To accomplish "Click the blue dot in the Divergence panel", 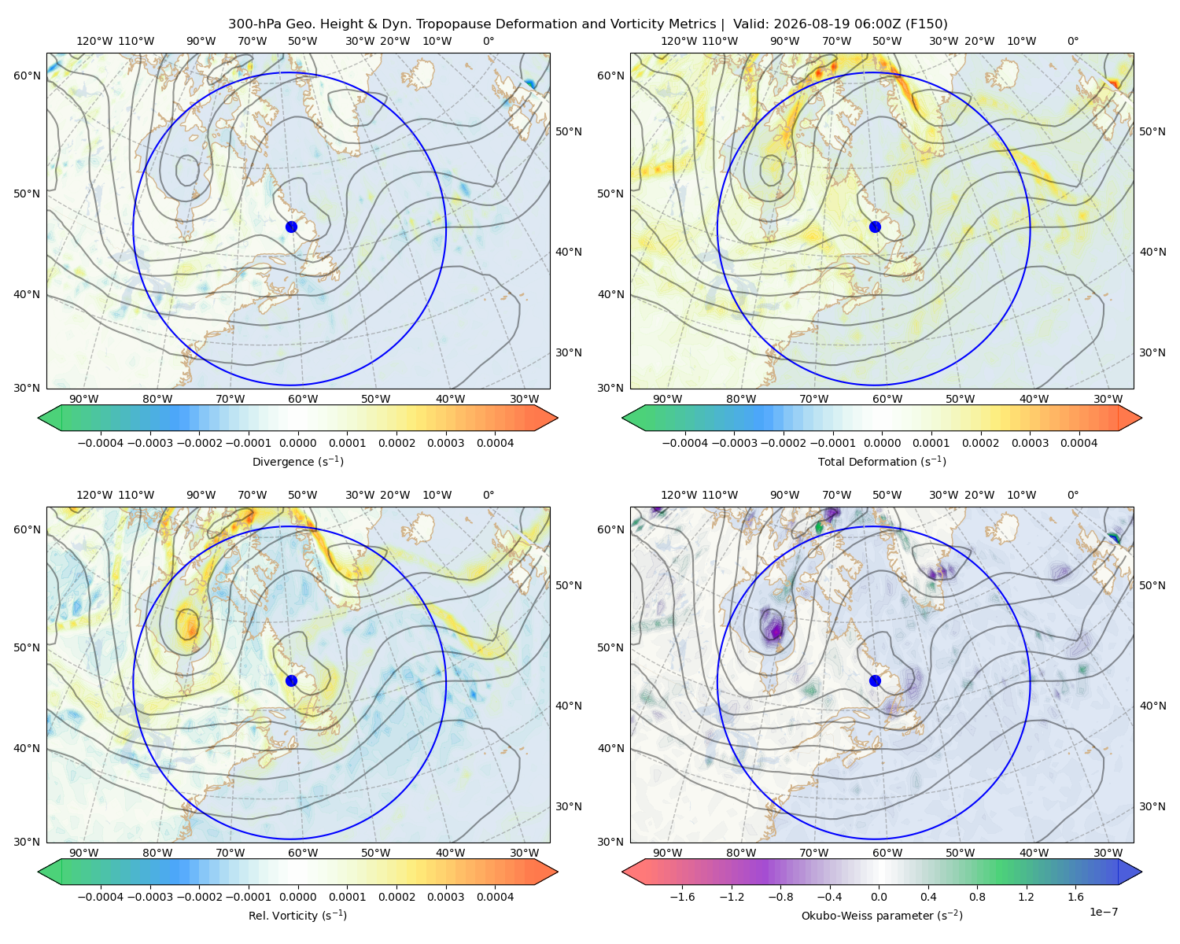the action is (x=291, y=227).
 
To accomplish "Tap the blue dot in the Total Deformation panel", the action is (x=875, y=227).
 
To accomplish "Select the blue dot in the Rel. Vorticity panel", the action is (x=291, y=680).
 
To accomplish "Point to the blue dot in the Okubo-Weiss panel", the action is (x=875, y=680).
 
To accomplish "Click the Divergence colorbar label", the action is (x=297, y=461).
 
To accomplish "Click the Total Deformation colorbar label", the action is (x=882, y=461).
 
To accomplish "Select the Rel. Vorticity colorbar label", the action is (x=297, y=915).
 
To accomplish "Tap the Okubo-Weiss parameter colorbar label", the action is (x=882, y=915).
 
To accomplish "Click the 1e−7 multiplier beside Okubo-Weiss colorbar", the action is (x=1103, y=912).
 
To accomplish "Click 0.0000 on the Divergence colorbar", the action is (x=297, y=443).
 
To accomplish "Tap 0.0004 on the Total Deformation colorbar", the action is (x=1079, y=443).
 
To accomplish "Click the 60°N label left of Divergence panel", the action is (x=27, y=76).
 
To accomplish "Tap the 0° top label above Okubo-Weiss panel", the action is (x=1072, y=495).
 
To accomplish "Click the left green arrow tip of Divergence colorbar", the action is (x=39, y=418).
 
